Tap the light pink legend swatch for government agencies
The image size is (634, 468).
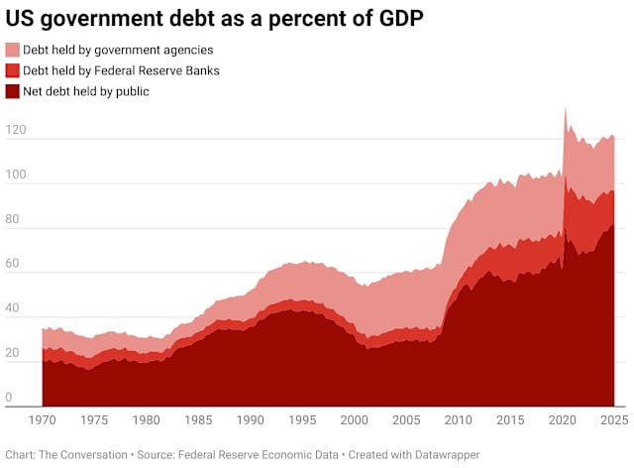coord(13,50)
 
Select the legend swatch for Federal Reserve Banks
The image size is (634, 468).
coord(13,70)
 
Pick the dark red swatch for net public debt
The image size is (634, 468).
coord(13,91)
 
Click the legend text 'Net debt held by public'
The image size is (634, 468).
coord(86,91)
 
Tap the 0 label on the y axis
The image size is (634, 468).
coord(8,398)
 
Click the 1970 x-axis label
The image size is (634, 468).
coord(43,419)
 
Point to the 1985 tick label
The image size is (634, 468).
coord(198,419)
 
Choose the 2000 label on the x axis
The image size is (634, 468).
coord(354,419)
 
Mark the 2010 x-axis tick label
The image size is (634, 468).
coord(458,419)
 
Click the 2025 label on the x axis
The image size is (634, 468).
coord(612,419)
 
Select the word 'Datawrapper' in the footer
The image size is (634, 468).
coord(442,454)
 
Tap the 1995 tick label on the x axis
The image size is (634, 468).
coord(302,419)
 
